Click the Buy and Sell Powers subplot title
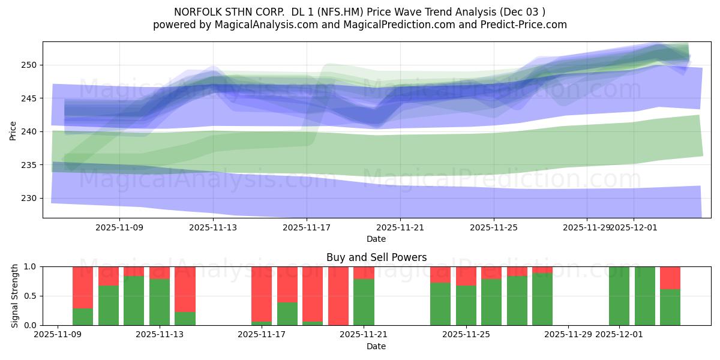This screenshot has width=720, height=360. point(376,257)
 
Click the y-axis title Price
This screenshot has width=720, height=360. point(13,130)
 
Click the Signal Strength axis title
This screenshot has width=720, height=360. point(15,296)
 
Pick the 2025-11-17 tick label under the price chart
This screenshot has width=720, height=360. point(307,228)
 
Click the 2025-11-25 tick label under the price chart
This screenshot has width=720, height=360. point(494,228)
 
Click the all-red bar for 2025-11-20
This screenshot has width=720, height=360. point(338,296)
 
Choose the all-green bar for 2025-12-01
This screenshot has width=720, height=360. point(619,296)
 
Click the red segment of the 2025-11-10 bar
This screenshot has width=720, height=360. point(83,287)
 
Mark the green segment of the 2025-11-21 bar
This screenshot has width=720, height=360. point(364,302)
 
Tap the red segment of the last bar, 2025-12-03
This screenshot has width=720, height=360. point(670,277)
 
